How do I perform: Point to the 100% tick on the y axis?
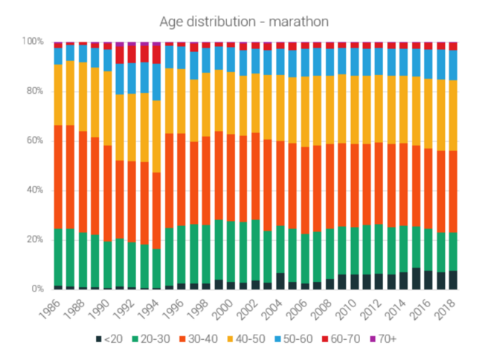point(33,42)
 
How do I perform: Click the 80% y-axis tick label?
point(36,91)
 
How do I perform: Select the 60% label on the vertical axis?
point(36,141)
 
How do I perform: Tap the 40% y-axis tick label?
point(36,190)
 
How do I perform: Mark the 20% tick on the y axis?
point(36,240)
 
